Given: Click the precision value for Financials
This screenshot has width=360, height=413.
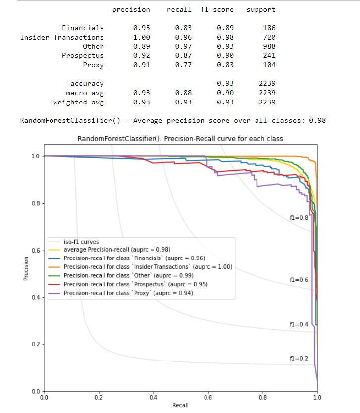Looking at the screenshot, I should click(x=141, y=28).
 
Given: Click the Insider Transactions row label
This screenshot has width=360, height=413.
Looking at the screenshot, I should click(x=62, y=37).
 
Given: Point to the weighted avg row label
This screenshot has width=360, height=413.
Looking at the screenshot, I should click(x=79, y=102).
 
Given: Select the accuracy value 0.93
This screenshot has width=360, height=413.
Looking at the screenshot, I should click(x=225, y=84).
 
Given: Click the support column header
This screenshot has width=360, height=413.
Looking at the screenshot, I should click(x=261, y=9).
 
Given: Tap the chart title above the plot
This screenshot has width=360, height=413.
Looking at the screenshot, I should click(x=180, y=139).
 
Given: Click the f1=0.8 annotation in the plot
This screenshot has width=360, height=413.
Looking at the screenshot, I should click(x=299, y=217).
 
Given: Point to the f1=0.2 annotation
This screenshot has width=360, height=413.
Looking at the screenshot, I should click(x=299, y=358).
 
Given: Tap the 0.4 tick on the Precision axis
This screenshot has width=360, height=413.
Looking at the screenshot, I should click(x=36, y=297).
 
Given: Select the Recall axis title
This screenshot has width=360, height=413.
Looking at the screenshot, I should click(x=180, y=405).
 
